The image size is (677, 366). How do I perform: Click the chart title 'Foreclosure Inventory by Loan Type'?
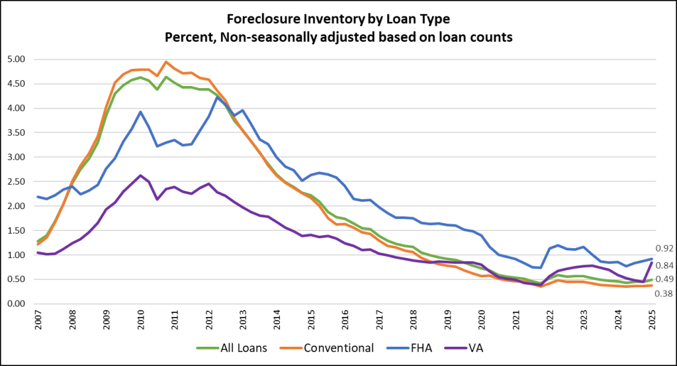click(x=338, y=20)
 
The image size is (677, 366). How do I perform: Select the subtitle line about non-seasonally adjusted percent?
click(x=338, y=37)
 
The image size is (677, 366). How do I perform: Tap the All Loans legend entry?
click(x=232, y=347)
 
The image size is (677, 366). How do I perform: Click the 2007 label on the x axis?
click(x=38, y=321)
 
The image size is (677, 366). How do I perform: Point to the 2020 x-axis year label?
click(x=481, y=321)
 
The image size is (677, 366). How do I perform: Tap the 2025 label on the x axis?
click(x=652, y=321)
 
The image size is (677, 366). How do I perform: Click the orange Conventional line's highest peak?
click(x=166, y=62)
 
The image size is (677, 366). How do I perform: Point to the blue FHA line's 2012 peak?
click(x=218, y=97)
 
